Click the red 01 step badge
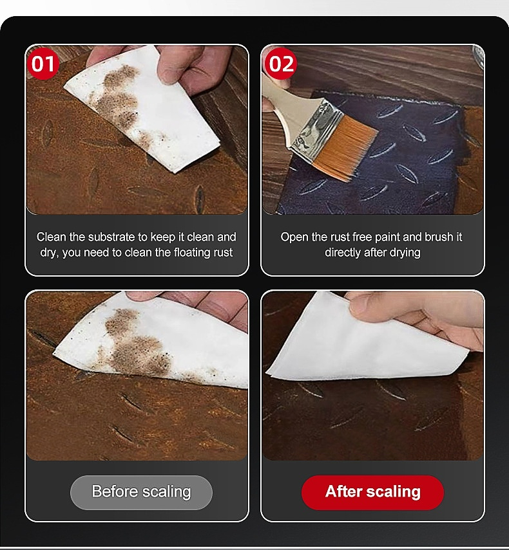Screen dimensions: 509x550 click(43, 64)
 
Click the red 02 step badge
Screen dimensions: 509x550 click(281, 64)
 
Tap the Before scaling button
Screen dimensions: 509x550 click(141, 491)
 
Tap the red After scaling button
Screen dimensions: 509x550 click(372, 491)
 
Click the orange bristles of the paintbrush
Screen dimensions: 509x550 click(345, 147)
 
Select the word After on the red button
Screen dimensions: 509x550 click(343, 491)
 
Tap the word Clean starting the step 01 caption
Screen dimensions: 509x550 click(52, 237)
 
